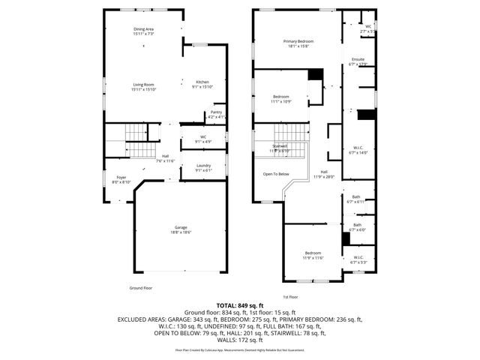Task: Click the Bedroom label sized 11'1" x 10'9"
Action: tap(280, 98)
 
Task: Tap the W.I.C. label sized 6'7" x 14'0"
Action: tap(358, 150)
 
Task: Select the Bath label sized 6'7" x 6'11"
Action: tap(357, 199)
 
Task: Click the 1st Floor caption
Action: tap(292, 297)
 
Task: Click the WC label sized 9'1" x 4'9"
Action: tap(202, 139)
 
